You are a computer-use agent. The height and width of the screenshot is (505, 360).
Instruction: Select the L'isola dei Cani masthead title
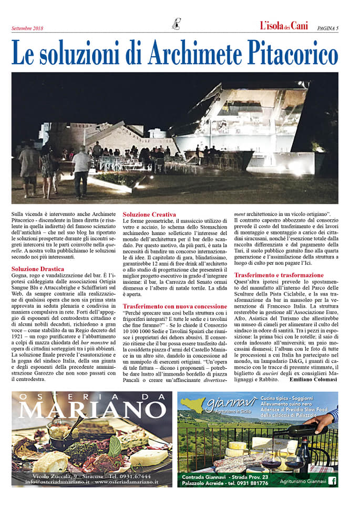(284, 26)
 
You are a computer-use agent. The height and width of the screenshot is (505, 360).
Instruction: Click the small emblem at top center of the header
(176, 24)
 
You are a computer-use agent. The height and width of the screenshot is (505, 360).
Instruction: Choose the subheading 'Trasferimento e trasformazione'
(279, 275)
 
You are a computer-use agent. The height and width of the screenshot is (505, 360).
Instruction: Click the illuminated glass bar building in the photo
(247, 121)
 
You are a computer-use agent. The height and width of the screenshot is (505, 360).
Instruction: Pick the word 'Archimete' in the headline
(191, 54)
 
